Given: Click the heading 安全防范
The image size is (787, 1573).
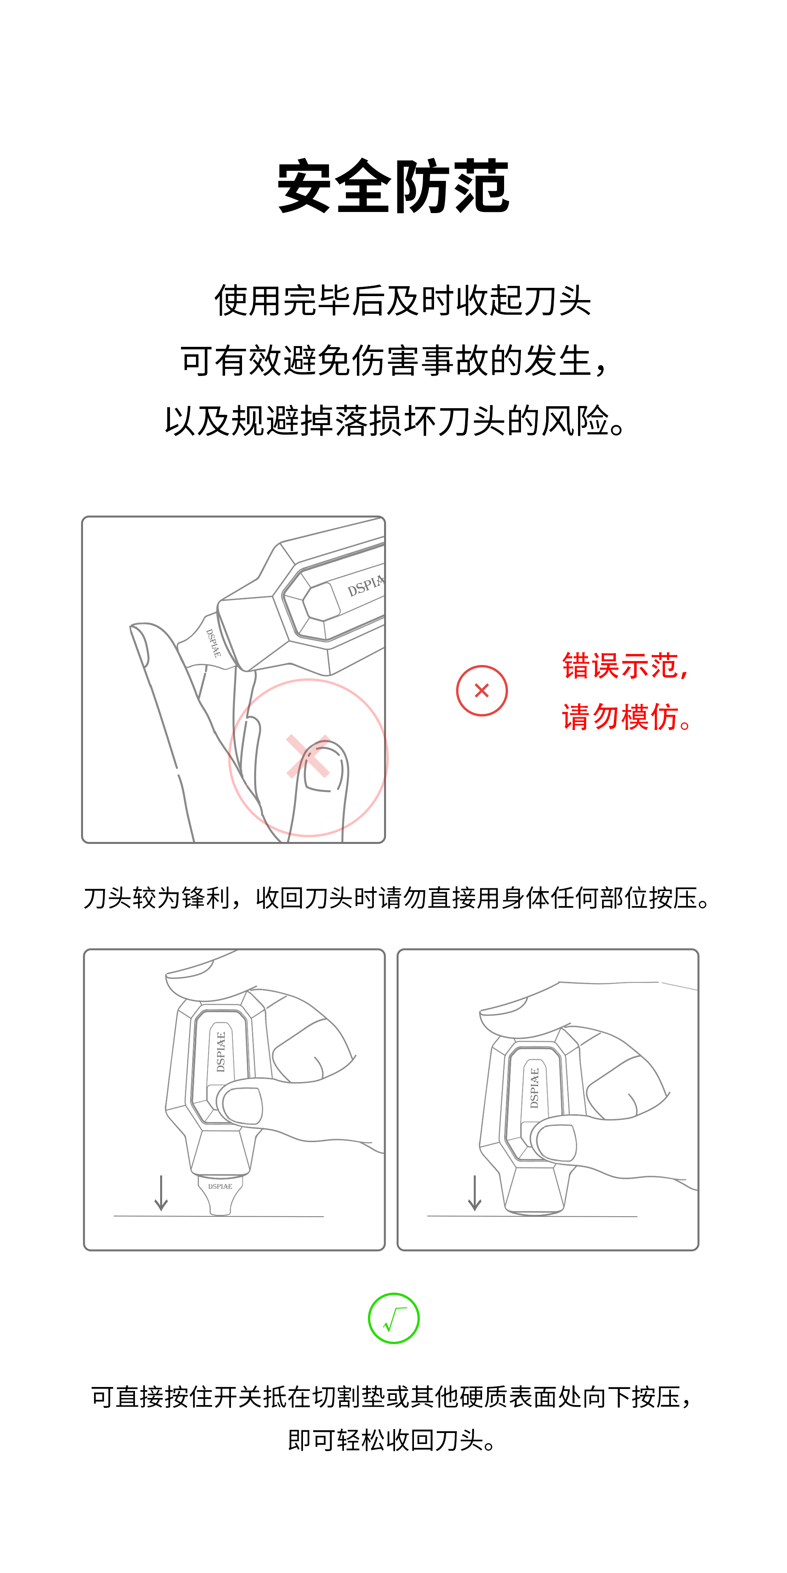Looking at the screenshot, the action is [393, 186].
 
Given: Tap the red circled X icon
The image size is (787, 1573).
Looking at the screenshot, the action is [482, 691].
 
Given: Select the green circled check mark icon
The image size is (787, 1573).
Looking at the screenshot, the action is [393, 1318].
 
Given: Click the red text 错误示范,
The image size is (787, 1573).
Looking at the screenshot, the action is [626, 666].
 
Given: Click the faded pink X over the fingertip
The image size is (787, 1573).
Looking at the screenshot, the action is [309, 756].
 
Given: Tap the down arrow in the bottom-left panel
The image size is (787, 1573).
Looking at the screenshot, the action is [161, 1193].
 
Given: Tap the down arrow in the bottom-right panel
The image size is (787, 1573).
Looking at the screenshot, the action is [475, 1193].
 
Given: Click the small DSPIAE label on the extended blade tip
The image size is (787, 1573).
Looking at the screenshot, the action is [220, 1186].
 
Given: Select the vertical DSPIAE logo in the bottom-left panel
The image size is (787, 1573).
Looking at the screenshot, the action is [221, 1052].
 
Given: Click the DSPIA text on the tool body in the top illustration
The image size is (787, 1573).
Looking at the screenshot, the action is [366, 586].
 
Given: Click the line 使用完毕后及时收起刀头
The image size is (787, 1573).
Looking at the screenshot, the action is [403, 301].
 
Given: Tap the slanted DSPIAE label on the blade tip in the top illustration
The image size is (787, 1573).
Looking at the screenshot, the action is [213, 643].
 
